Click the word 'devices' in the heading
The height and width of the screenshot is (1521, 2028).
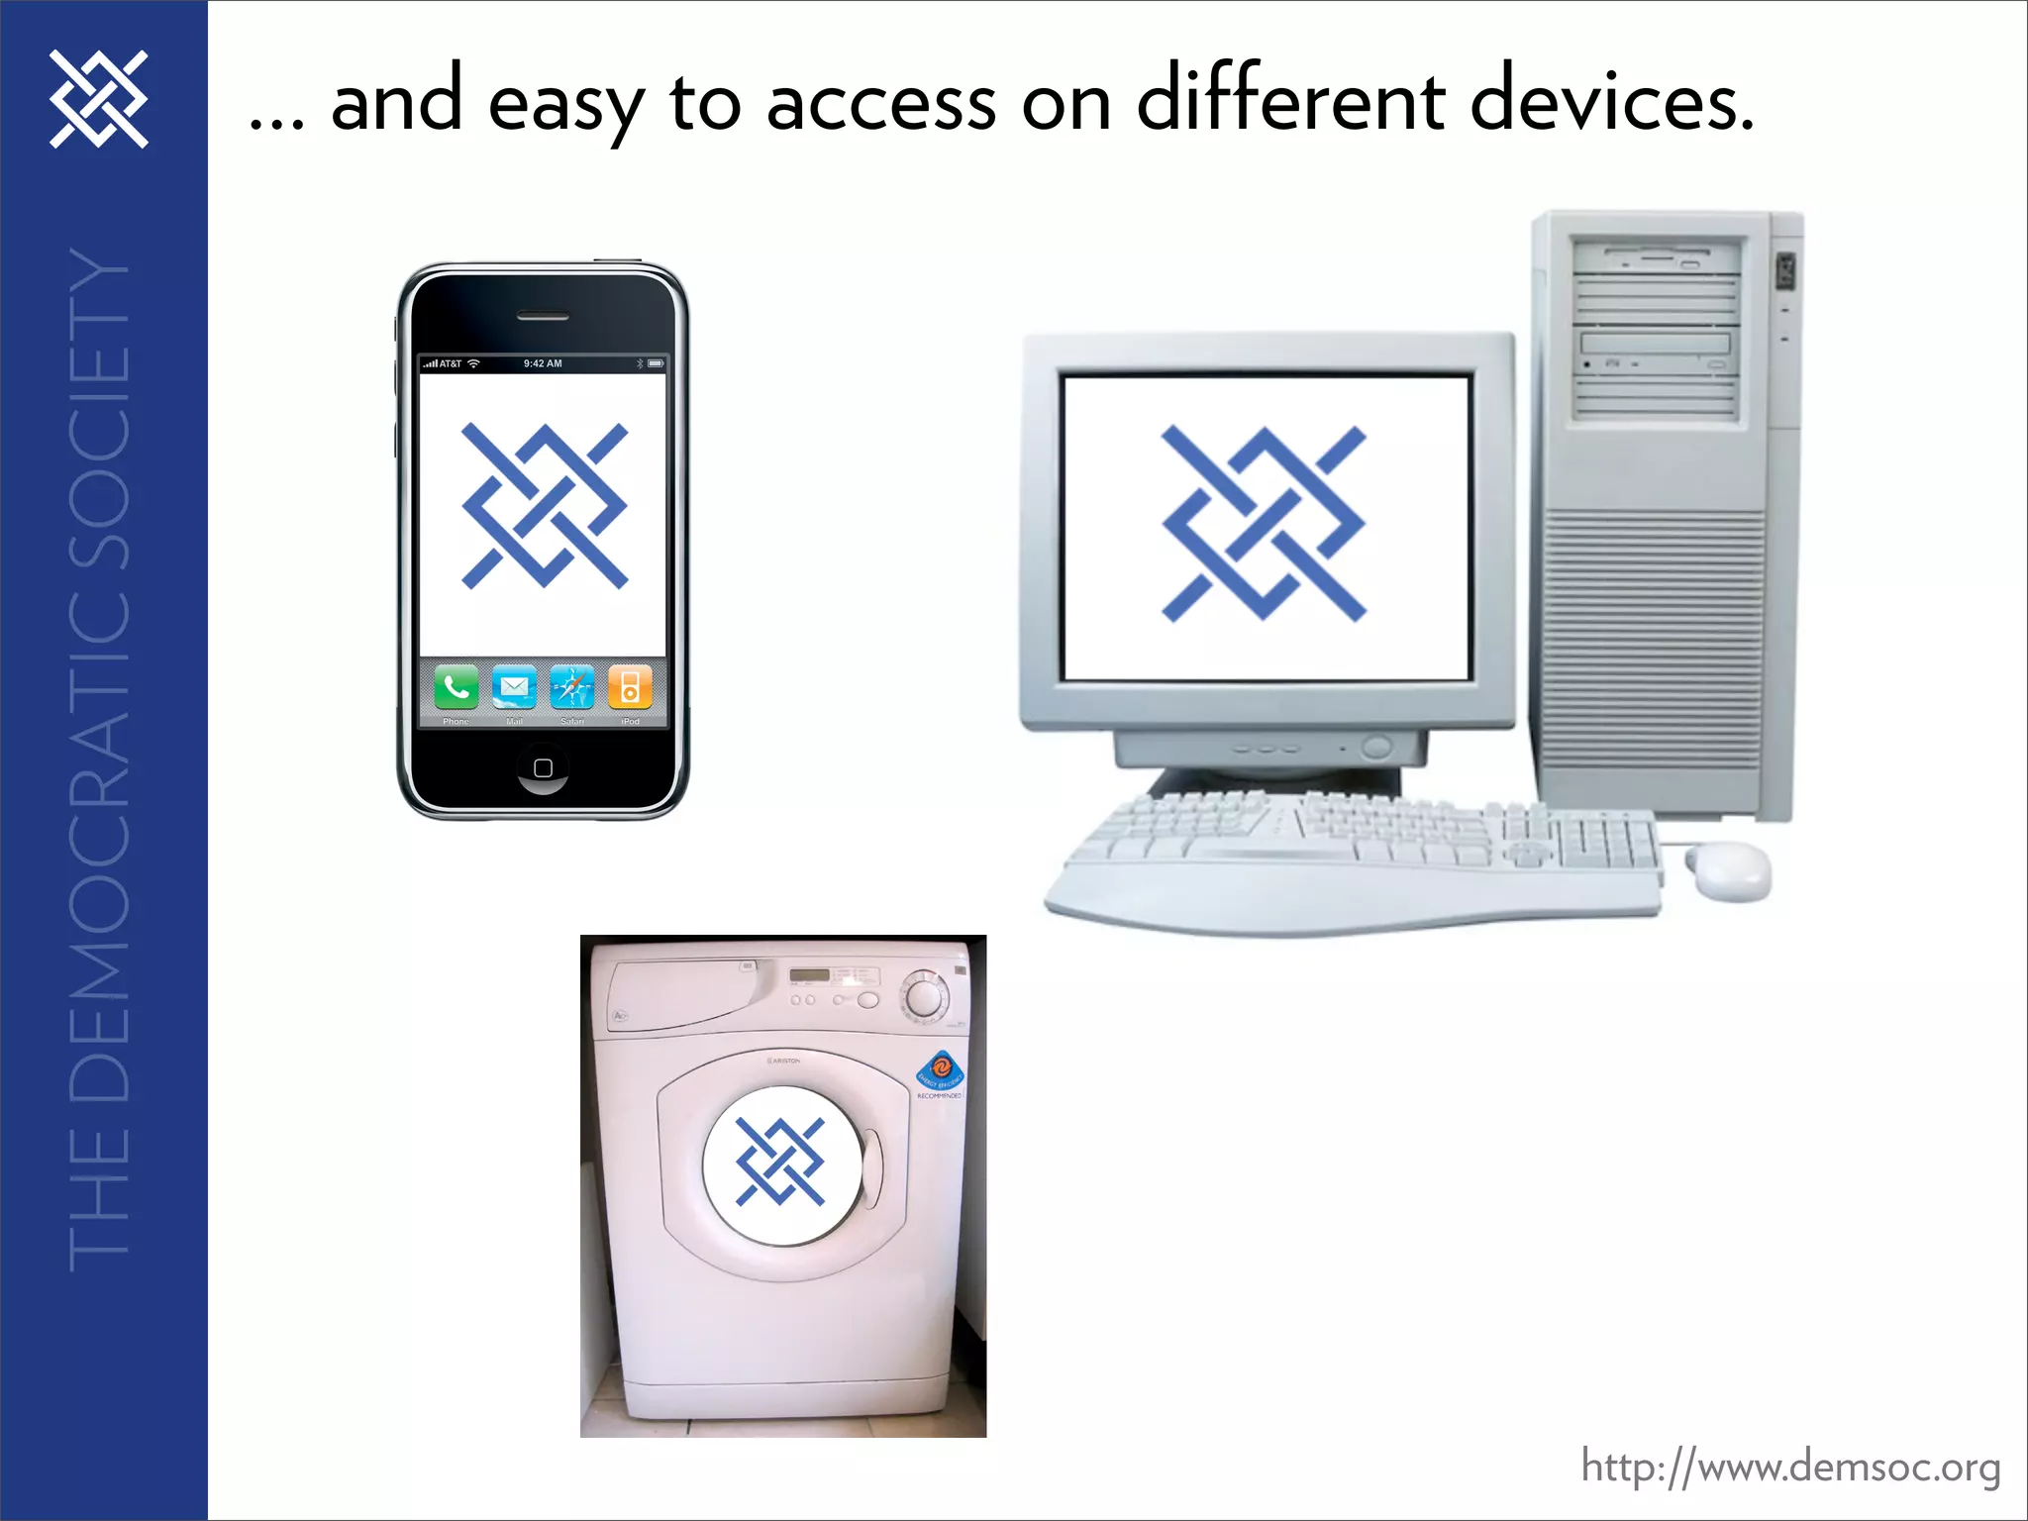1611,101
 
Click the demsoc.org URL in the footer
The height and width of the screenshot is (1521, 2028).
1790,1466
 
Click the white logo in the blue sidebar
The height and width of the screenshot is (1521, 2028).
99,99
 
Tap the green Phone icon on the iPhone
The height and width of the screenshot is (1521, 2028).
456,687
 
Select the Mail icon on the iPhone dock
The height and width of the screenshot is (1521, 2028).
514,687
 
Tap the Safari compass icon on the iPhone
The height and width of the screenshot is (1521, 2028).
572,687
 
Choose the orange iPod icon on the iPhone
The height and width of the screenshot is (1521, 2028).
630,687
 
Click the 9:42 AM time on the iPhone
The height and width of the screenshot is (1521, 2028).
543,363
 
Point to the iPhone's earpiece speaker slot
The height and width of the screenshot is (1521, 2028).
543,317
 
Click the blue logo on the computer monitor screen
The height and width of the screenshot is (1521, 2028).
1264,524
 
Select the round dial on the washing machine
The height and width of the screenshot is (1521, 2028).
924,995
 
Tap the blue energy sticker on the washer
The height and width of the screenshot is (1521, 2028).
940,1070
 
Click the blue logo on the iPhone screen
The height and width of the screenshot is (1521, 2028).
544,506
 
